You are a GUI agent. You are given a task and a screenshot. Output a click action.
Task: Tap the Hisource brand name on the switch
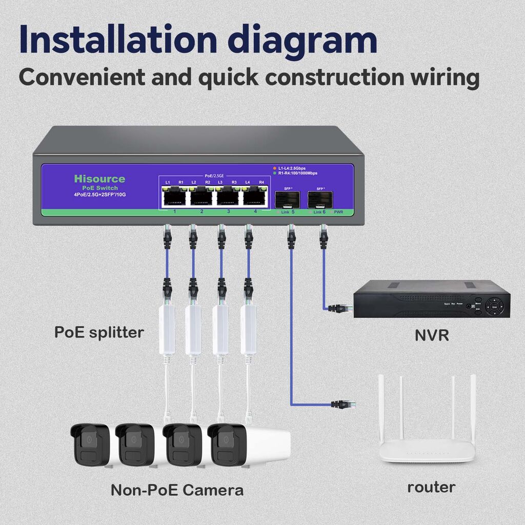point(99,179)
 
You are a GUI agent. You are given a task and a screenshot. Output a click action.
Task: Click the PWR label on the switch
point(338,212)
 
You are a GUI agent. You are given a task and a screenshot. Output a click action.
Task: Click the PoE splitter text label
point(99,332)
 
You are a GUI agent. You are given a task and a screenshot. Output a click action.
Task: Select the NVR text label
point(432,336)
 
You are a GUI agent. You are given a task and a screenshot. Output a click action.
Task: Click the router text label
point(431,487)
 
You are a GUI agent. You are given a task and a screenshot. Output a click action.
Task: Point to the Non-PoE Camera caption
point(177,490)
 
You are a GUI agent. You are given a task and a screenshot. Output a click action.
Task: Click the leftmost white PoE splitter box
point(167,329)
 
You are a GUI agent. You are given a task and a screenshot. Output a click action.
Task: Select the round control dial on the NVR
point(495,307)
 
